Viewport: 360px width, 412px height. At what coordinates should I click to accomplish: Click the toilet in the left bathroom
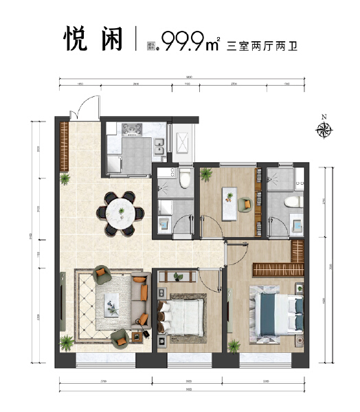click(184, 178)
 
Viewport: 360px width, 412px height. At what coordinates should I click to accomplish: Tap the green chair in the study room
click(245, 205)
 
